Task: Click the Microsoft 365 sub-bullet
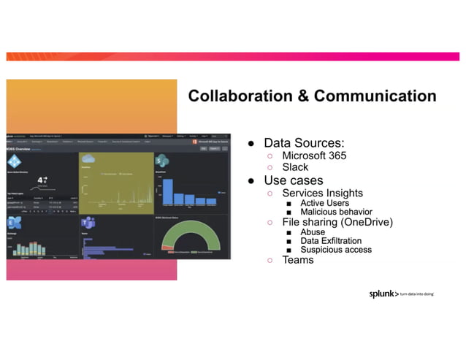[314, 156]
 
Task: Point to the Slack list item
[295, 167]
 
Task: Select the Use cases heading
[293, 180]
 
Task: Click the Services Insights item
[322, 194]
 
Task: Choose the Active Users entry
[324, 203]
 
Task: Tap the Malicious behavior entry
[336, 212]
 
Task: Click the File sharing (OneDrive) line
[337, 222]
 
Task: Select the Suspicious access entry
[336, 250]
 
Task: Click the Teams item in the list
[297, 259]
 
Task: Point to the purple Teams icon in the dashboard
[89, 223]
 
